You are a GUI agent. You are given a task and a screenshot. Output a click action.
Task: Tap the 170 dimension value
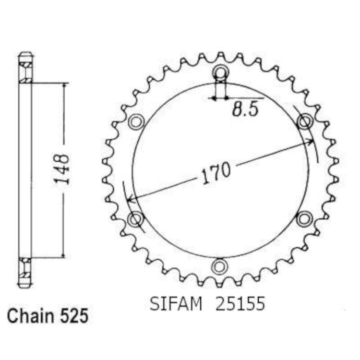216,173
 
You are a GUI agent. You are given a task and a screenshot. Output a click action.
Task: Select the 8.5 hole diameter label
245,109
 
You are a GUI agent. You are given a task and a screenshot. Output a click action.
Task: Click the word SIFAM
176,304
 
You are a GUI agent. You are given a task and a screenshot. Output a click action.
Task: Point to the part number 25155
240,304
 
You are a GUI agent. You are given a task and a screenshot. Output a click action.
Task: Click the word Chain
31,316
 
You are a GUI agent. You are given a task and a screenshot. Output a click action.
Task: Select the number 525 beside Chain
74,316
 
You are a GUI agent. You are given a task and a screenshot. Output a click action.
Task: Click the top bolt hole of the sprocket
221,72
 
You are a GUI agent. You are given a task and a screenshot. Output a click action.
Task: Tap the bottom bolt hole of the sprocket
220,266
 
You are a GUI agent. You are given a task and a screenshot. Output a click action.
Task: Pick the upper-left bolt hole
136,121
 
